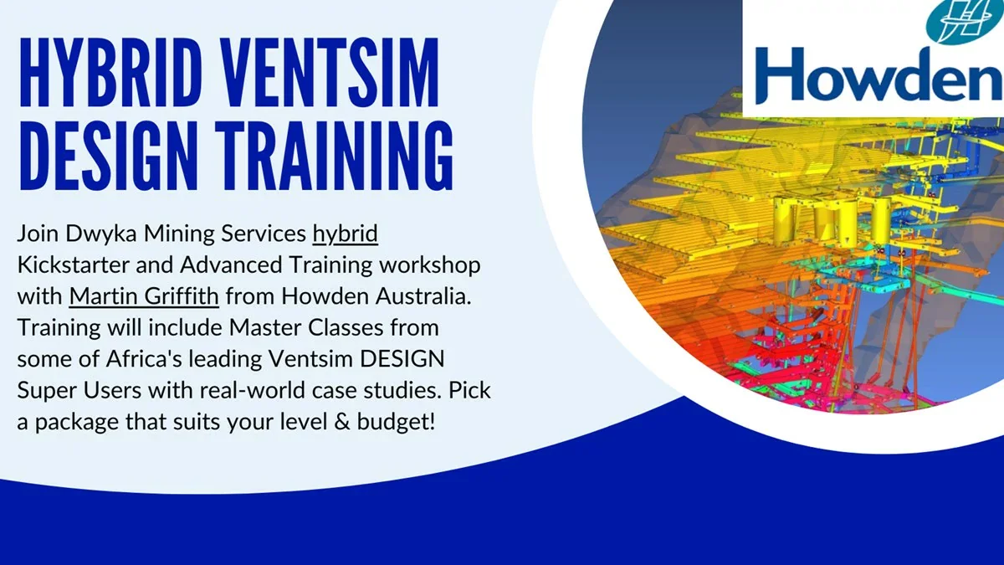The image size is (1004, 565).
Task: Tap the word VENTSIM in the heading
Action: coord(331,72)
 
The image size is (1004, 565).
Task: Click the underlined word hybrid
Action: coord(345,234)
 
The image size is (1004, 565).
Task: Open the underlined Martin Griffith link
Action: coord(144,296)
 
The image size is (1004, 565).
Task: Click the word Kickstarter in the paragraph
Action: coord(73,265)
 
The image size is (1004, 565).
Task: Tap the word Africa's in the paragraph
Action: coord(144,359)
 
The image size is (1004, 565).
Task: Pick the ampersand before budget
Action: coord(341,422)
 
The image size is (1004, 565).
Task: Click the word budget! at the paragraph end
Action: coord(396,422)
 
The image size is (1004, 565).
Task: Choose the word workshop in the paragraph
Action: coord(430,265)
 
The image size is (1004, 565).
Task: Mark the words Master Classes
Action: coord(306,327)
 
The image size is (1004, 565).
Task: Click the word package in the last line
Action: coord(77,423)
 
